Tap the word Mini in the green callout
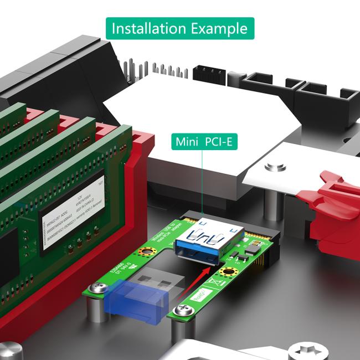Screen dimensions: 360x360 pos(187,142)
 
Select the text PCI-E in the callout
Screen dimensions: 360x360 pos(219,142)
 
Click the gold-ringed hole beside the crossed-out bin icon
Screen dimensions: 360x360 pos(227,272)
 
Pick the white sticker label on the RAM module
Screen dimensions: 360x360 pos(72,213)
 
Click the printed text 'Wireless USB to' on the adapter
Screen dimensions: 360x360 pos(161,236)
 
